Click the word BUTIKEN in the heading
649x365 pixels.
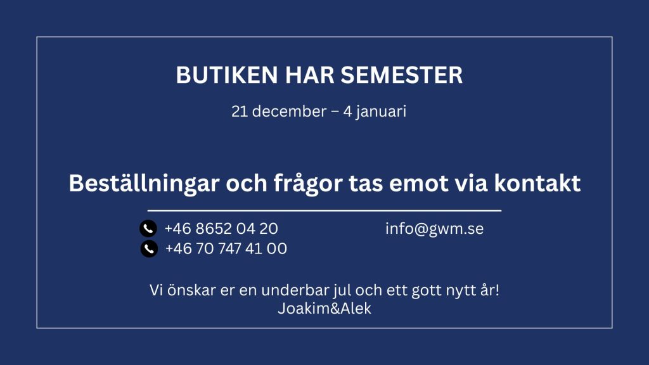227,75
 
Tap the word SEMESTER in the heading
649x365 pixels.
401,75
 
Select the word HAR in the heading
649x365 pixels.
309,75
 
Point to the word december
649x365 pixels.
289,112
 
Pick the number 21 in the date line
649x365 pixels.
239,112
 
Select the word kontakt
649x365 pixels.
537,183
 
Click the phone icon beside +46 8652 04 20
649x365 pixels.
148,228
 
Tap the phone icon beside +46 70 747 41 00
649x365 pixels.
149,248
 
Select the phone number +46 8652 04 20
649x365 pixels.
221,228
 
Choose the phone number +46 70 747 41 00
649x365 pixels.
226,248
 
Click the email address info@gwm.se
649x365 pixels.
435,229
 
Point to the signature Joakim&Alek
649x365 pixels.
324,309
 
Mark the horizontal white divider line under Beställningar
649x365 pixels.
324,210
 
